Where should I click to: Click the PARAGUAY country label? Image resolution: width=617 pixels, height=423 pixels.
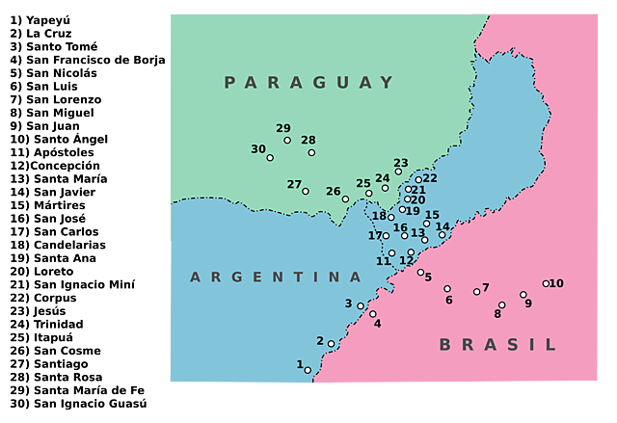click(x=309, y=83)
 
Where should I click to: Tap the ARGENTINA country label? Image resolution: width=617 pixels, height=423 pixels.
click(x=276, y=278)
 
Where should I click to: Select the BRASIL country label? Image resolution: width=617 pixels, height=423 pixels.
click(x=497, y=345)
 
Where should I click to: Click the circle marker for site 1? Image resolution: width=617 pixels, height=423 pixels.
click(x=308, y=370)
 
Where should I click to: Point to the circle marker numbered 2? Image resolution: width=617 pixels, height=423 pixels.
click(x=331, y=344)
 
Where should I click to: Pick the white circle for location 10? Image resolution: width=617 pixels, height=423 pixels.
click(x=546, y=283)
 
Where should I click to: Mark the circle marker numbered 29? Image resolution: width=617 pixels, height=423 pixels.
click(x=287, y=141)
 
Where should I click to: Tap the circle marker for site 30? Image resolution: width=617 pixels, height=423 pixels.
click(x=270, y=157)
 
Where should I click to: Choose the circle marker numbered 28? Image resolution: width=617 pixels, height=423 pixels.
click(x=311, y=152)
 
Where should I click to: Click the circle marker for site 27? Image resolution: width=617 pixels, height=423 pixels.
click(x=306, y=191)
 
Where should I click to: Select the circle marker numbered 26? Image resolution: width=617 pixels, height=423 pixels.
click(x=345, y=199)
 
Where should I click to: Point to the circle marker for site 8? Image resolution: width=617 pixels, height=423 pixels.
click(x=501, y=305)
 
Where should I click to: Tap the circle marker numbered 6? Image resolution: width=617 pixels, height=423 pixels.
click(x=447, y=288)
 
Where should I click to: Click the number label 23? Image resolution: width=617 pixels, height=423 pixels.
click(x=401, y=163)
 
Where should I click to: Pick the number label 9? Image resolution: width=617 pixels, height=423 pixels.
click(x=528, y=304)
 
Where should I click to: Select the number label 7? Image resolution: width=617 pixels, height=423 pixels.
click(x=486, y=287)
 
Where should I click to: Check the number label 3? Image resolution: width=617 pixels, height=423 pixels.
click(x=349, y=304)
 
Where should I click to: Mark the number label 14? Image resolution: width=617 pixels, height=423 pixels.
click(x=443, y=226)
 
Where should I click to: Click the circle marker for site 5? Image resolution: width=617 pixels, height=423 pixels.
click(x=420, y=272)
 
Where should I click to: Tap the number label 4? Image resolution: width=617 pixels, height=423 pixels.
click(x=378, y=324)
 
